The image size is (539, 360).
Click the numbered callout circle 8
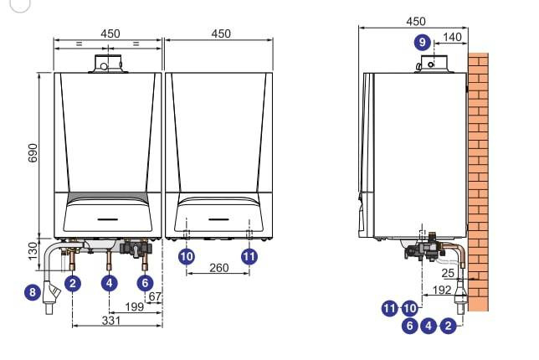33,292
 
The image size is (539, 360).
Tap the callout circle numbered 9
423,43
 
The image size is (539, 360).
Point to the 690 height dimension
33,153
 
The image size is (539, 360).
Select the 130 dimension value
33,251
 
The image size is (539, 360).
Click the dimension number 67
155,296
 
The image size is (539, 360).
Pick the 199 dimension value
135,306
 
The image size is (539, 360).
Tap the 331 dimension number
111,321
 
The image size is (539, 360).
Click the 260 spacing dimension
219,268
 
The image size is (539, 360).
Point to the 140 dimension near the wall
452,37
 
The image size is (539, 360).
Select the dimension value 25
448,274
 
